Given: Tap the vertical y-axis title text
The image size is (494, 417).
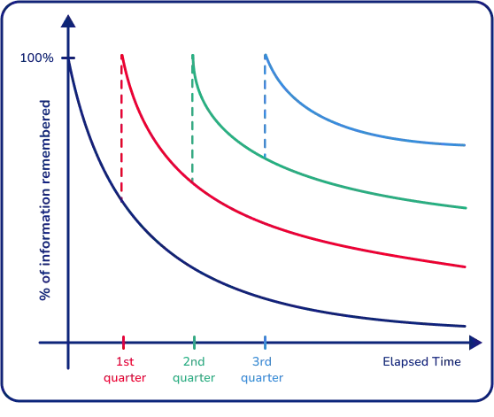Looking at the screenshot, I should [x=41, y=204].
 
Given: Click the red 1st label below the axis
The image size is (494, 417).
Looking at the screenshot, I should [x=124, y=361].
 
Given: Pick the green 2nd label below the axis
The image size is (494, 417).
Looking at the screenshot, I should [x=194, y=361].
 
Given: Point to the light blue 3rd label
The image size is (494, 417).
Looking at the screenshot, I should [x=265, y=361].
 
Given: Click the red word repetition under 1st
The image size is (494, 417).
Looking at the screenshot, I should [x=124, y=378].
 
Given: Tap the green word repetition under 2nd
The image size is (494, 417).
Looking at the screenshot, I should [x=194, y=378].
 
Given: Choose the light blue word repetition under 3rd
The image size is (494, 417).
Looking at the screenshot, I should [x=265, y=378].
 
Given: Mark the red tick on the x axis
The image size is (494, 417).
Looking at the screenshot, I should [x=124, y=342].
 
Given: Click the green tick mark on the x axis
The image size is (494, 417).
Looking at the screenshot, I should [x=194, y=342].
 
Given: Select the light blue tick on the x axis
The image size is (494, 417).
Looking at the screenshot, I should [x=265, y=342].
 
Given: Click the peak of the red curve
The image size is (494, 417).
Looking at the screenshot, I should [x=123, y=53].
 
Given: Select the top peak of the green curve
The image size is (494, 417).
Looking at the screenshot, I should [x=194, y=53].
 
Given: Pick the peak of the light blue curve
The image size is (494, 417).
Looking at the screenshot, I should [x=264, y=54].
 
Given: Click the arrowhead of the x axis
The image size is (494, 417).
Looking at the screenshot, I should [x=479, y=342].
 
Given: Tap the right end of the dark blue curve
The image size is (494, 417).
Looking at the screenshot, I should [x=466, y=328].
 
